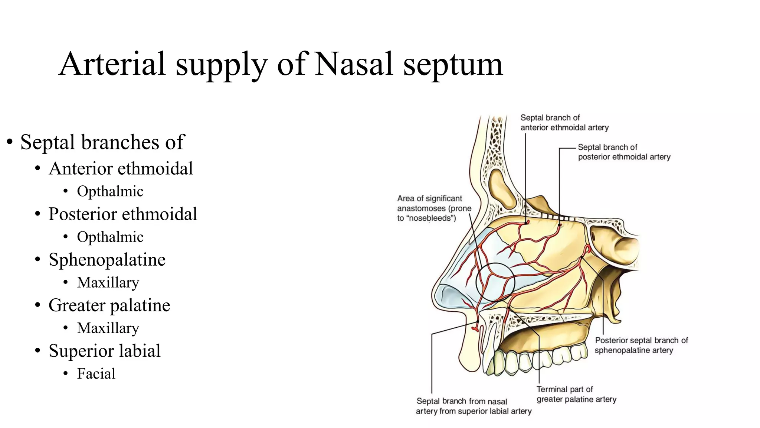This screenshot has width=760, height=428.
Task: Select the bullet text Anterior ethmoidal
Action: click(x=121, y=168)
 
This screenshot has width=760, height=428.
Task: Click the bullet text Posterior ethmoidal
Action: click(x=123, y=214)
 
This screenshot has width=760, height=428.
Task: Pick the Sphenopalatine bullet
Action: click(x=107, y=260)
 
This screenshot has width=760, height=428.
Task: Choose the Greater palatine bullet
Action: click(x=109, y=305)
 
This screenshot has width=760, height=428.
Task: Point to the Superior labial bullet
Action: click(x=104, y=351)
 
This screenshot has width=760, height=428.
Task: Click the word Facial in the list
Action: click(x=96, y=373)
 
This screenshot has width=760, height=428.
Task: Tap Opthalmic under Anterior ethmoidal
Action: click(x=110, y=191)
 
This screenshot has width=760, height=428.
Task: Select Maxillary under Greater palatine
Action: click(x=108, y=328)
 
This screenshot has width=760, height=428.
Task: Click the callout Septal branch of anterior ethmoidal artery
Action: click(x=564, y=123)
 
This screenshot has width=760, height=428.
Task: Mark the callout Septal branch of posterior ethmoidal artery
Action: click(x=624, y=152)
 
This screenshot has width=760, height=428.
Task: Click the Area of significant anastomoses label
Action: click(x=434, y=208)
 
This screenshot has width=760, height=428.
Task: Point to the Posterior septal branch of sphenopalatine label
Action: click(x=641, y=345)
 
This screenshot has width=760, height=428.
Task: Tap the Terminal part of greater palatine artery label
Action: click(x=576, y=394)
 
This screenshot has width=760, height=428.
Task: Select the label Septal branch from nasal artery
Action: click(x=474, y=406)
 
